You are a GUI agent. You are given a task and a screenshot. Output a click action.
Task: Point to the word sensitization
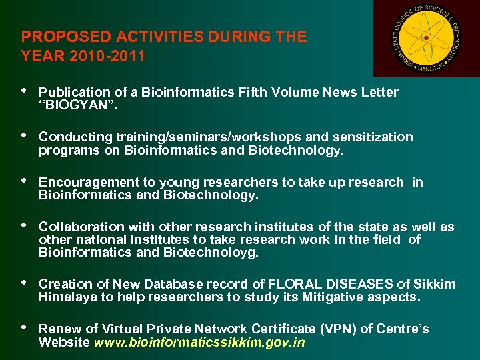click(370, 137)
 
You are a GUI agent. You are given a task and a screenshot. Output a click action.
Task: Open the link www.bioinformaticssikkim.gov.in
click(200, 343)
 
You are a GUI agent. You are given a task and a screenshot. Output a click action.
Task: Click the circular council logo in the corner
click(426, 39)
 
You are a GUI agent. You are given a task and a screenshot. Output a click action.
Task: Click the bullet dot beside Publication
click(25, 91)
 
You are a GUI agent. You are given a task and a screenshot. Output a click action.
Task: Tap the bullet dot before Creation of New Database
click(25, 283)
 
